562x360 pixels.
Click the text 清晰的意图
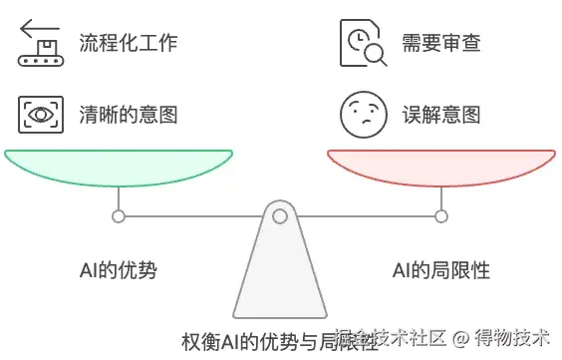point(128,114)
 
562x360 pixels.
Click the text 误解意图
point(440,114)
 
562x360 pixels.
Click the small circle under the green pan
point(119,215)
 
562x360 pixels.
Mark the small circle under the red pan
point(441,215)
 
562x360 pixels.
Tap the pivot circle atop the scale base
point(280,215)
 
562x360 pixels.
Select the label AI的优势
point(119,270)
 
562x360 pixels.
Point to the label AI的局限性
point(441,270)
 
